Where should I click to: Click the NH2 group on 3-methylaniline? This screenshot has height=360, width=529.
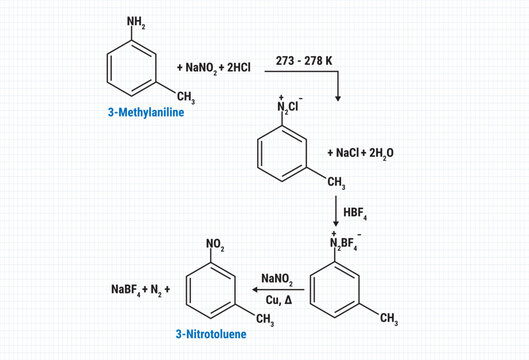coord(137,19)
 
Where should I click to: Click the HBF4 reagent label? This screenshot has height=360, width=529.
coord(359,212)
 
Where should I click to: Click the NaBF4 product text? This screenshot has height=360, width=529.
coord(129,290)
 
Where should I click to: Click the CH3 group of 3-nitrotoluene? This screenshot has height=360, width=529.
coord(264,319)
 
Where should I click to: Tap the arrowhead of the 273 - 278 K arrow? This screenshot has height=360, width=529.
coord(337,97)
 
